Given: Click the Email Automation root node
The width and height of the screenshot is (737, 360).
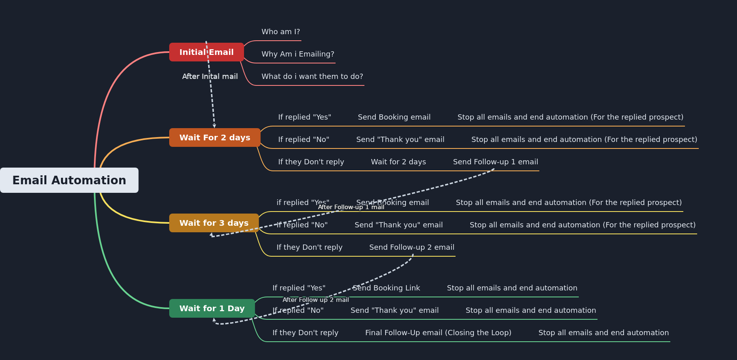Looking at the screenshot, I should [69, 180].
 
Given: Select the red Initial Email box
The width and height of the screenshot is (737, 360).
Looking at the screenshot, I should [206, 52].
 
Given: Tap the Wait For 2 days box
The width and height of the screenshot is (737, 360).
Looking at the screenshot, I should [215, 137].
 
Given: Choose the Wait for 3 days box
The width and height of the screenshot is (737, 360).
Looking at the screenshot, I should [214, 223].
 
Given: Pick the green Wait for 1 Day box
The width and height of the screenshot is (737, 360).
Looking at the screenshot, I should [212, 308].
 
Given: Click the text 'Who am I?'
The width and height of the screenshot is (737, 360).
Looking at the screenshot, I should [281, 32].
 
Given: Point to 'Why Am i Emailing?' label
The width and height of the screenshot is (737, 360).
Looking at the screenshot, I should [298, 54].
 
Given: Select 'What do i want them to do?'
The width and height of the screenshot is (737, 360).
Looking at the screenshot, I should [312, 76].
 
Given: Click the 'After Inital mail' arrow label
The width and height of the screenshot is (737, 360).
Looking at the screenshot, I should [210, 76].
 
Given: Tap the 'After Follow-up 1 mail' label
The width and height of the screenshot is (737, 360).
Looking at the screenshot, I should [351, 207].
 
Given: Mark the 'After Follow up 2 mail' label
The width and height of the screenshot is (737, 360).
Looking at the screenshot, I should [316, 300].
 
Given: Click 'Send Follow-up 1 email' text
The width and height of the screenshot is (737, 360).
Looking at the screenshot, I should [495, 162].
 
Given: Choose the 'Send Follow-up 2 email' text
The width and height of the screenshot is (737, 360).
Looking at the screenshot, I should [412, 247].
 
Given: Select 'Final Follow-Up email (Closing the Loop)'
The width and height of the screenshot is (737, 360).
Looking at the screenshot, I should [438, 333].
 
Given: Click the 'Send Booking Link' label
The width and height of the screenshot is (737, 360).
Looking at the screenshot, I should [386, 288].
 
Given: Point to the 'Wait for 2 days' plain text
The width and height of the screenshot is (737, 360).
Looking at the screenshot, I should [398, 162].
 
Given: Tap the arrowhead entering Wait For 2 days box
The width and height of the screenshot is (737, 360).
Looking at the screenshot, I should [214, 126].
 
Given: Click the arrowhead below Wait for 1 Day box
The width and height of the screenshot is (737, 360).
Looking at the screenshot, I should [214, 320].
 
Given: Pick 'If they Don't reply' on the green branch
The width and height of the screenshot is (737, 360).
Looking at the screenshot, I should [305, 333].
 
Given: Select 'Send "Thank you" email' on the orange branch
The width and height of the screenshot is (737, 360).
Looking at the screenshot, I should [400, 140].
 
